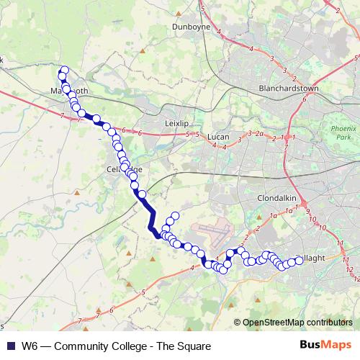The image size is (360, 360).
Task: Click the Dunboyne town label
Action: (x=190, y=27)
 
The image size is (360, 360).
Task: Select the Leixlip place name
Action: (x=176, y=123)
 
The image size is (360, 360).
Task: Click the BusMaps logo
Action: (x=326, y=346)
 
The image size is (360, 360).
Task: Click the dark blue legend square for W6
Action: (x=9, y=346)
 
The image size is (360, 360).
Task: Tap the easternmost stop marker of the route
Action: (x=299, y=261)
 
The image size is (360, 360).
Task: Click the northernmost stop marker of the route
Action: (x=64, y=71)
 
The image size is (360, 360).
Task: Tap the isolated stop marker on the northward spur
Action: (x=174, y=216)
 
